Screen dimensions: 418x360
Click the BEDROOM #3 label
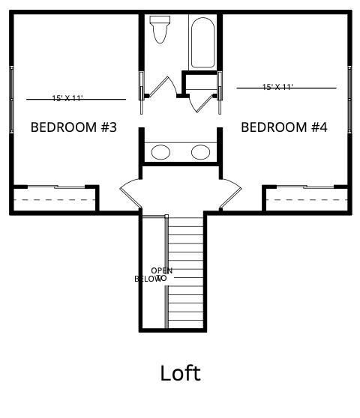[x=73, y=127]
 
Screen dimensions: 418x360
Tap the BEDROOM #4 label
[x=283, y=127]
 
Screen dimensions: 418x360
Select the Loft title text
[x=180, y=372]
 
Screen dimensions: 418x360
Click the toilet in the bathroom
[x=159, y=30]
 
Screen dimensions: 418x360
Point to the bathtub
[x=203, y=43]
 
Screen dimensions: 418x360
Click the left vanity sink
[x=160, y=152]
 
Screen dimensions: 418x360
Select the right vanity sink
[x=200, y=152]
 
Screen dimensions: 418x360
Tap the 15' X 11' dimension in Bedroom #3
[x=67, y=98]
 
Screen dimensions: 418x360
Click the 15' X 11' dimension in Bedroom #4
[x=277, y=87]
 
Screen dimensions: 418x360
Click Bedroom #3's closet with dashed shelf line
[x=55, y=200]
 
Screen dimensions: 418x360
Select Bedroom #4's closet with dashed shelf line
[x=306, y=200]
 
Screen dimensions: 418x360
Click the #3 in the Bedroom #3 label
[x=108, y=127]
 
